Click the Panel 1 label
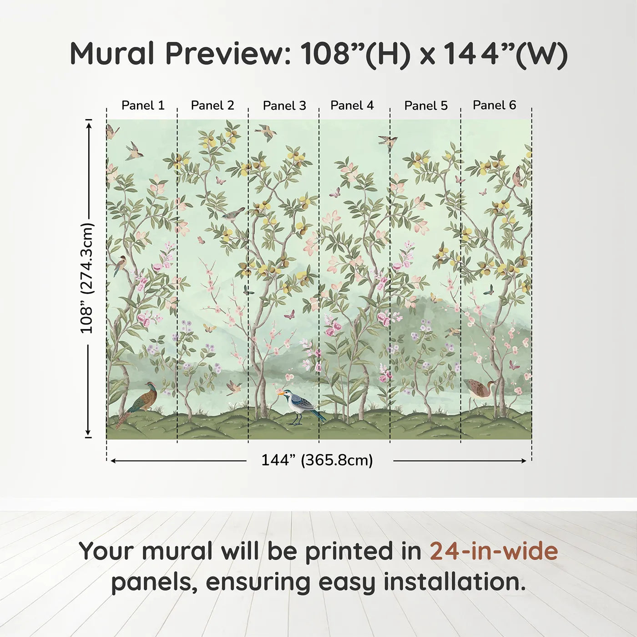(143, 106)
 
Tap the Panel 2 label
(212, 106)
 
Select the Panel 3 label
(284, 106)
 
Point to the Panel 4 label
(352, 106)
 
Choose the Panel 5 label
(426, 106)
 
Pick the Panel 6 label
(495, 105)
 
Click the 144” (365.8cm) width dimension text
(317, 460)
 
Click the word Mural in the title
(112, 54)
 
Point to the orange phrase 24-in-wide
(494, 551)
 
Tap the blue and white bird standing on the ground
(301, 405)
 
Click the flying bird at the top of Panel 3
(266, 132)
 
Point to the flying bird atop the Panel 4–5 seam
(388, 141)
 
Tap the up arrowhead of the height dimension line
(89, 124)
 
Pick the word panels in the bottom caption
(154, 583)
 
